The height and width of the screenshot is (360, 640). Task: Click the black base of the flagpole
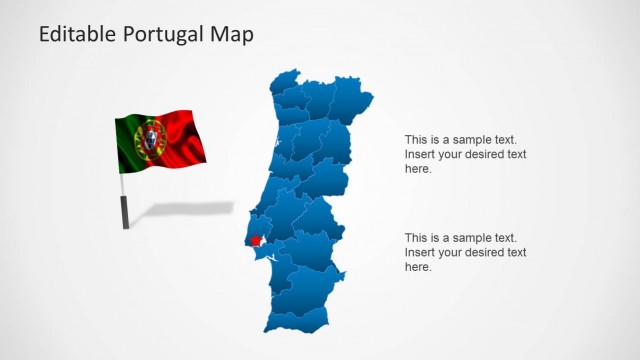click(x=125, y=212)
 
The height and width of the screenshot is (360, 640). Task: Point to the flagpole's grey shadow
click(x=190, y=210)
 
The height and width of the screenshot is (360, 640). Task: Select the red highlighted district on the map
click(x=257, y=241)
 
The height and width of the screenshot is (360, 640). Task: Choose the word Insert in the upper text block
click(x=420, y=154)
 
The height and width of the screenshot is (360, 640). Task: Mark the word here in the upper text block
click(x=418, y=168)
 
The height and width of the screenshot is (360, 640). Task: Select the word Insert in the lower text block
click(x=420, y=252)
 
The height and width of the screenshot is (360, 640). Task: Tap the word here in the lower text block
click(x=418, y=266)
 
